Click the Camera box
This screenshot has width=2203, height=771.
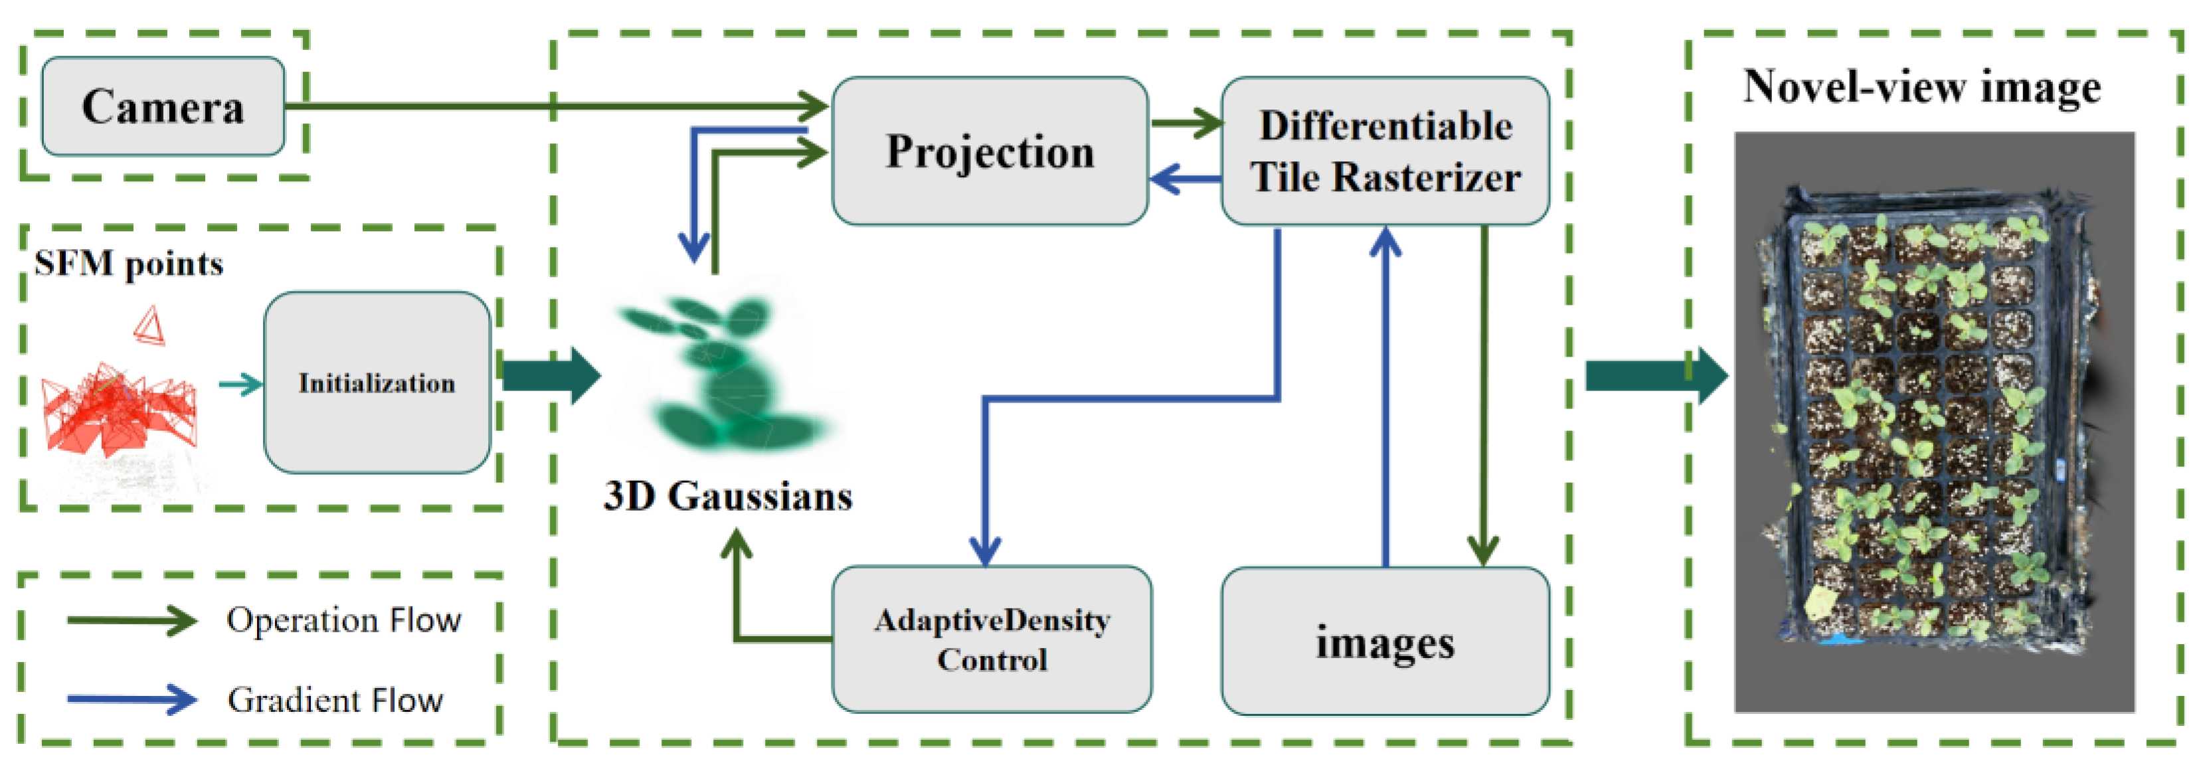(163, 106)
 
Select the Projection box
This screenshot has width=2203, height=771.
(990, 151)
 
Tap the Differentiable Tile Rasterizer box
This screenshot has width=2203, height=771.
(1385, 151)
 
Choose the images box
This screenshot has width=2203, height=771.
(1385, 641)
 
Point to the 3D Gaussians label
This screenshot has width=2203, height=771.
(728, 497)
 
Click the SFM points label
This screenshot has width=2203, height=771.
(128, 263)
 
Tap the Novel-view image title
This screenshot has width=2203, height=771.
(1921, 87)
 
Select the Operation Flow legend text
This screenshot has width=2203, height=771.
(344, 620)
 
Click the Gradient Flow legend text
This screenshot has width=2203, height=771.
(335, 700)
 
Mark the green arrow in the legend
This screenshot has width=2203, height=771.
(133, 620)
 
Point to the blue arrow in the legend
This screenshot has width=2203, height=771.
(133, 699)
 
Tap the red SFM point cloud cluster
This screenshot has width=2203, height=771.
(120, 410)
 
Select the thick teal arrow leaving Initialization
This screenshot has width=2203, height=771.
(551, 375)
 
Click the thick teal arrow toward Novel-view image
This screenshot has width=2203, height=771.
(1655, 375)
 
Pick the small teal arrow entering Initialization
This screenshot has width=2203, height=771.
(240, 384)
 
